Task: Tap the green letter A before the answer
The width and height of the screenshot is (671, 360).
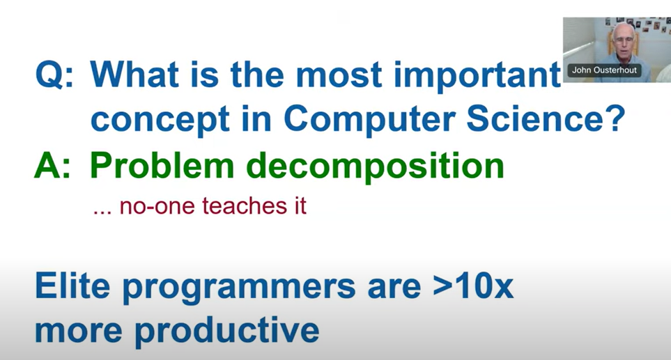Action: (47, 166)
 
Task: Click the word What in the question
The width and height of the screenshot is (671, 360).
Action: (134, 75)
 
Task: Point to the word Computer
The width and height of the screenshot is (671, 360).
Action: (369, 122)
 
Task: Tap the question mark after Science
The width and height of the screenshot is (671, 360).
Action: (616, 118)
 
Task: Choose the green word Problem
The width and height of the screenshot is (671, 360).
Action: (162, 166)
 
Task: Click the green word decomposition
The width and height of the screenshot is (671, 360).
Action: (376, 169)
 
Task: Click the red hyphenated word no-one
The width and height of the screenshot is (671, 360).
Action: (158, 207)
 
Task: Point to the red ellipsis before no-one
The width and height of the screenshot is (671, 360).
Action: (102, 212)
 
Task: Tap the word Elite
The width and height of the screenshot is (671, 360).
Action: (72, 285)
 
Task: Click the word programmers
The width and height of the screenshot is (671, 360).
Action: (239, 289)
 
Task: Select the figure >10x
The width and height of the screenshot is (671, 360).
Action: (473, 285)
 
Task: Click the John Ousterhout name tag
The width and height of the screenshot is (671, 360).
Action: (604, 70)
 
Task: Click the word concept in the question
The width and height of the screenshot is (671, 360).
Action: (160, 122)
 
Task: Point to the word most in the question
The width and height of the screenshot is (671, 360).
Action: (339, 76)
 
